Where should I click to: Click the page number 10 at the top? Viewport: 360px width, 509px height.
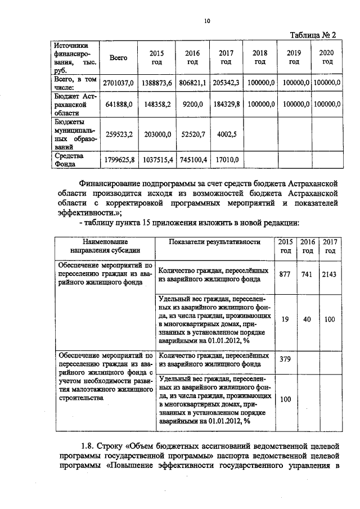pos(207,21)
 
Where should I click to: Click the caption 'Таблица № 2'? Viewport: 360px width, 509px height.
pos(313,35)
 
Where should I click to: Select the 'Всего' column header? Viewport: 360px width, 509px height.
pos(118,57)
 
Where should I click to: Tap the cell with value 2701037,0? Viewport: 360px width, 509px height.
pos(119,83)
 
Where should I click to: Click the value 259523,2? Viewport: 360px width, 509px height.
pos(119,134)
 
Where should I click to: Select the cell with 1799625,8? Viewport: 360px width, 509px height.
pos(119,160)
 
